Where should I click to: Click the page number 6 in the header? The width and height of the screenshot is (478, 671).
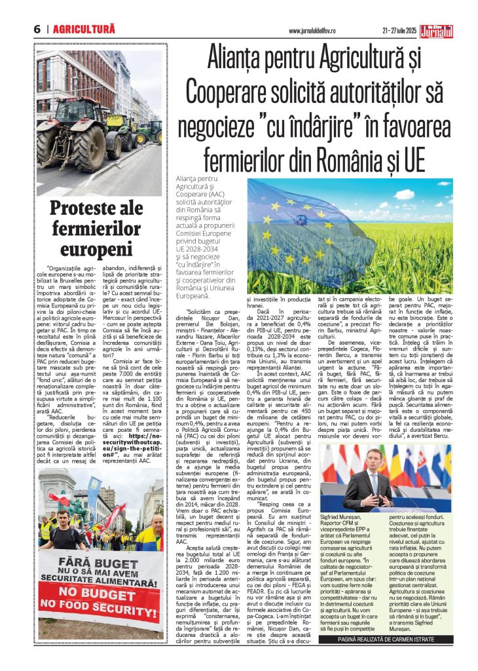[37, 29]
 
